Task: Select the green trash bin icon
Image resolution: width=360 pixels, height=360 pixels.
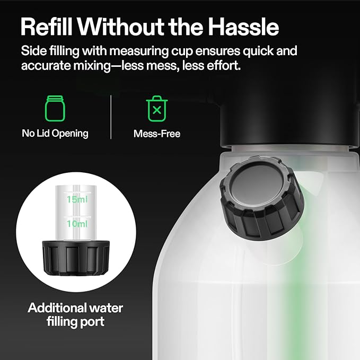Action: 156,108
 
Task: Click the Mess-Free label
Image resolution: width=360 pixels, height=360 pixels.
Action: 157,134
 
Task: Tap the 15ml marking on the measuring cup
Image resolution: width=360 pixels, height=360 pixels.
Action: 77,200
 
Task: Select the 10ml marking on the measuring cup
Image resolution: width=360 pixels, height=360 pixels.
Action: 77,224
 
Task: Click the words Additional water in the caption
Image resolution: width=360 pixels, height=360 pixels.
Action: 75,308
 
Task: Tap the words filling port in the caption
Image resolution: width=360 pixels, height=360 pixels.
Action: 75,322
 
